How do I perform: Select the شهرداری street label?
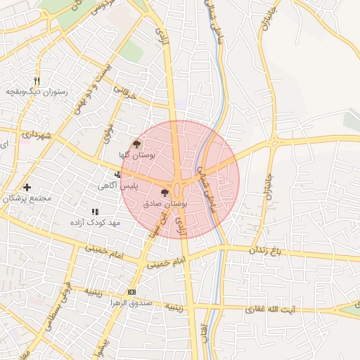34,133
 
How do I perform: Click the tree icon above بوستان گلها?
136,142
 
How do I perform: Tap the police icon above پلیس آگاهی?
117,174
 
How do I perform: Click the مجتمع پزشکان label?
28,198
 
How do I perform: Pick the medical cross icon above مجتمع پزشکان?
27,187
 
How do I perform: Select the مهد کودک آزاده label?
95,222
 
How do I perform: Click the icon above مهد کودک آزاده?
95,211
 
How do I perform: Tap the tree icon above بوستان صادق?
165,192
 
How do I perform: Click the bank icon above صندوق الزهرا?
131,292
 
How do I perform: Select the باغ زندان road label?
269,250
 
